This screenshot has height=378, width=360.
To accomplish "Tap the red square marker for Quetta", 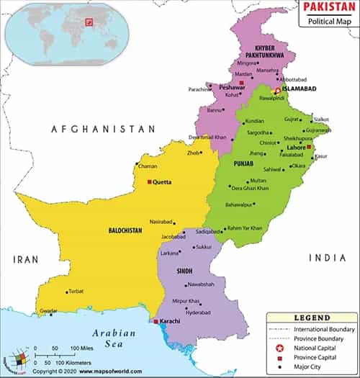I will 149,182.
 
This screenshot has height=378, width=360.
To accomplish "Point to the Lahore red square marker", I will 309,147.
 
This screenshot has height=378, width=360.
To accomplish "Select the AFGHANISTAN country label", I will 102,128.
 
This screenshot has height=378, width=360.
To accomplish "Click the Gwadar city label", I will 48,310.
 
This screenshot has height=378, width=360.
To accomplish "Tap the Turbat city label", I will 77,292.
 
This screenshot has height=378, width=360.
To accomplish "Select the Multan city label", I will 258,180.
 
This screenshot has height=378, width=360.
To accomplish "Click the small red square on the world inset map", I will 89,23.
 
